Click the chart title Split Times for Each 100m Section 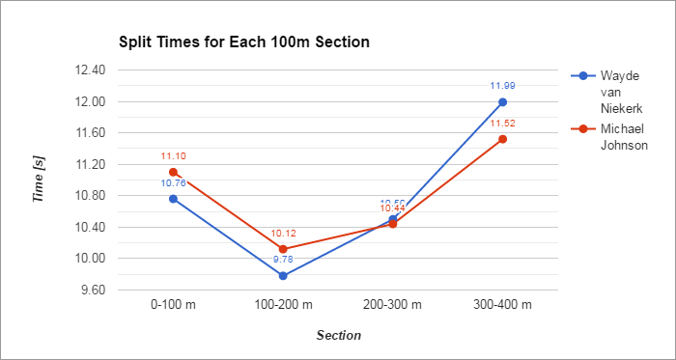coord(244,42)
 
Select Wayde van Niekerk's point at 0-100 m coord(174,199)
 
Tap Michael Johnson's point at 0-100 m coord(174,172)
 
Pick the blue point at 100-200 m coord(283,276)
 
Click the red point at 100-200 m coord(283,249)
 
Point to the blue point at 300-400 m coord(502,102)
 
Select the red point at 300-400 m coord(502,139)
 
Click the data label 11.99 coord(502,86)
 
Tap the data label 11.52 coord(502,123)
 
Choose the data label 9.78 coord(283,260)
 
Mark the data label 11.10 coord(174,155)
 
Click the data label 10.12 coord(283,233)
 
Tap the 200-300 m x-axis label coord(393,305)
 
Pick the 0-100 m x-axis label coord(174,305)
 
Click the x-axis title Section coord(338,336)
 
